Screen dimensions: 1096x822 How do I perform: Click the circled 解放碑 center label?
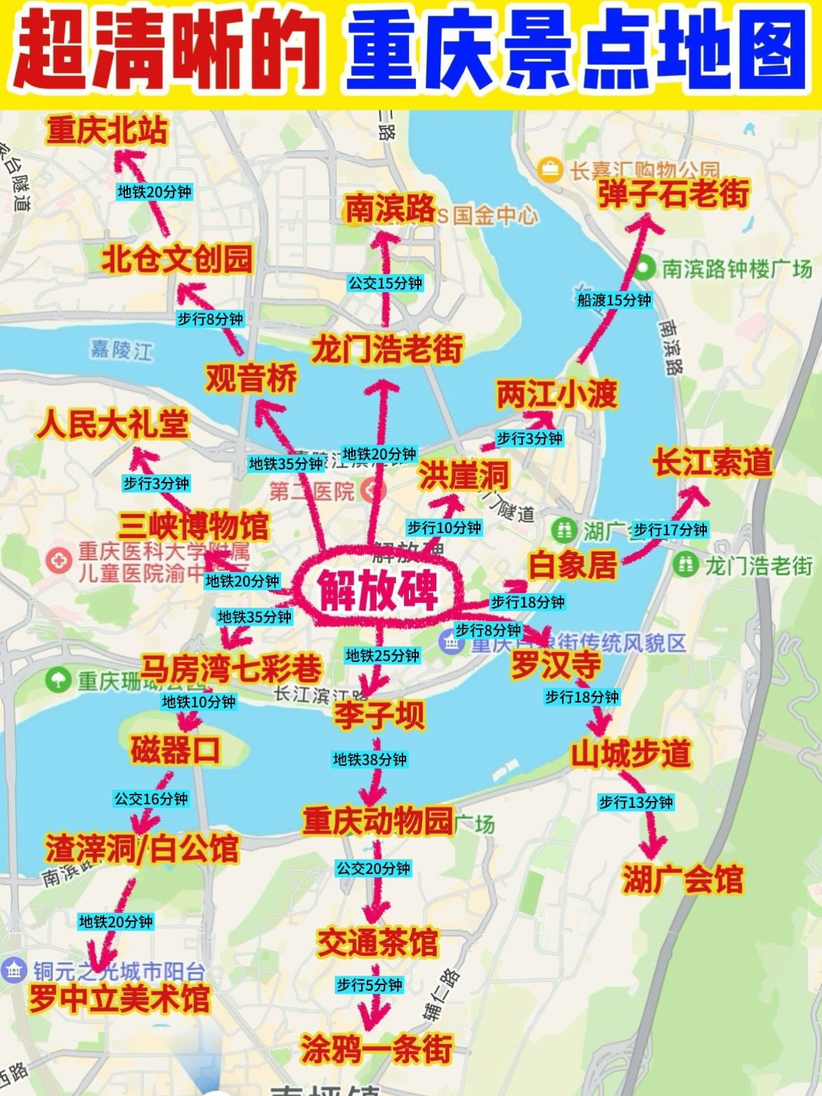coord(378,589)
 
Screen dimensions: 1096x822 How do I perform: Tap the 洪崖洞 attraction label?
coord(464,475)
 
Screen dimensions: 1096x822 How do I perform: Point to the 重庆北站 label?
coord(107,131)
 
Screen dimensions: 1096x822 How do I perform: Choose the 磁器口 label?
coord(175,750)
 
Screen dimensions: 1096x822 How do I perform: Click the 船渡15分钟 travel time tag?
coord(614,301)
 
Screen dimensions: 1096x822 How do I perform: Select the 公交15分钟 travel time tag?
coord(386,283)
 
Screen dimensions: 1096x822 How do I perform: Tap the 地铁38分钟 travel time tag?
coord(370,759)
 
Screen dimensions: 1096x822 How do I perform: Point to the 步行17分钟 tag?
coord(670,530)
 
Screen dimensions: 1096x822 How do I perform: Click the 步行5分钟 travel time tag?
coord(369,985)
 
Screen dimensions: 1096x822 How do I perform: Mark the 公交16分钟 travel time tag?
coord(151,799)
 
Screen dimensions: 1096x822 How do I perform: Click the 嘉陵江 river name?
coord(122,348)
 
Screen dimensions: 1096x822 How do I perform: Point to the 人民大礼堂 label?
coord(115,425)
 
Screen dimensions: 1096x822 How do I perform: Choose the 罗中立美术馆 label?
coord(119,1000)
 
